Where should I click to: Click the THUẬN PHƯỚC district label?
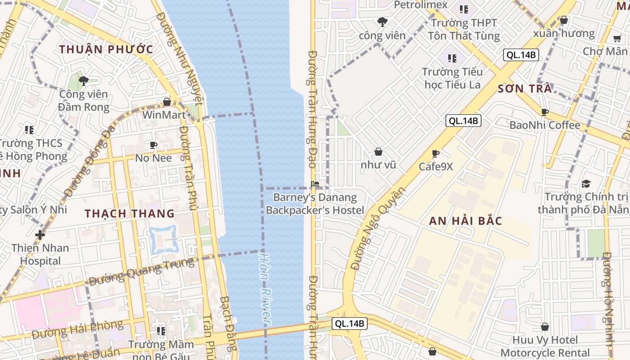pos(106,49)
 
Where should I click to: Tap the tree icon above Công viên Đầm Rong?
pos(83,81)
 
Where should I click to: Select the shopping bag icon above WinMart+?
pos(167,102)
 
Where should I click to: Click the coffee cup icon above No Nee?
pos(153,145)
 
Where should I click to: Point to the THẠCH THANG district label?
pos(130,214)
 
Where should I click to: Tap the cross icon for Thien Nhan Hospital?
pos(40,234)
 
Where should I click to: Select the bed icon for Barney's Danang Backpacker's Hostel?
pos(315,184)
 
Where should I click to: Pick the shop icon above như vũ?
pos(378,152)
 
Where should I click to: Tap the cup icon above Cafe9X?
pos(436,153)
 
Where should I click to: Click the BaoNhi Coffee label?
pos(544,125)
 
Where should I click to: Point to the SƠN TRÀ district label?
pos(525,89)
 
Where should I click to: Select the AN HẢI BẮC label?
pos(465,221)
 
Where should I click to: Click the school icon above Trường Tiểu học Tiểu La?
pos(452,58)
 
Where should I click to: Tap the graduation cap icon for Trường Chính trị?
pos(586,184)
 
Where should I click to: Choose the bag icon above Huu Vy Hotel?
pos(545,327)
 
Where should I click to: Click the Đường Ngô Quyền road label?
pos(378,229)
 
